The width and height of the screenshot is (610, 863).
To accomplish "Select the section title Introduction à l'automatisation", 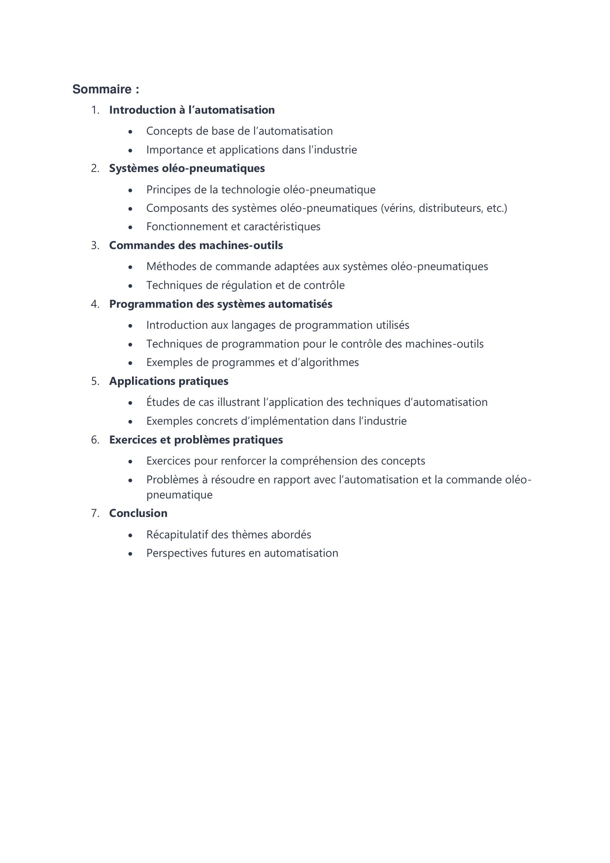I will [192, 110].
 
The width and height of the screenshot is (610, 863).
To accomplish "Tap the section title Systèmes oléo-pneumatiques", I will [187, 168].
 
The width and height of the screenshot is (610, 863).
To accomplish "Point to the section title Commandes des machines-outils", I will [196, 245].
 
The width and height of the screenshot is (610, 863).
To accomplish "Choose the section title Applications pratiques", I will [169, 381].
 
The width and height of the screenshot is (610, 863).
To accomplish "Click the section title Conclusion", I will [138, 513].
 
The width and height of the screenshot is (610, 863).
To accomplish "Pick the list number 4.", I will [95, 304].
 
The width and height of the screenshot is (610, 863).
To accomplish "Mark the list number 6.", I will [95, 440].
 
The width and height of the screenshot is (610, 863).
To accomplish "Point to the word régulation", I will [244, 285].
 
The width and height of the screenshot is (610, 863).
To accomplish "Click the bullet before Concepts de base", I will [130, 132].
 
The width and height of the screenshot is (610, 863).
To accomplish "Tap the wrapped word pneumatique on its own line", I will [179, 495].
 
